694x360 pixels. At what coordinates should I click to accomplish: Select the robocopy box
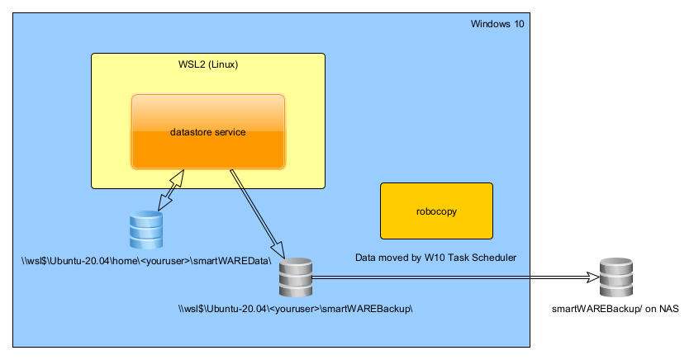(x=436, y=211)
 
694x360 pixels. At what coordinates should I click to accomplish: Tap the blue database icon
(x=146, y=230)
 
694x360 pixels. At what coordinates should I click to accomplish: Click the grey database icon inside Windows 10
(x=295, y=278)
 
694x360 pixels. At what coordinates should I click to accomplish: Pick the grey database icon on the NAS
(x=616, y=278)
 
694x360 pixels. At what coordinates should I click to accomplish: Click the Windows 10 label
(x=497, y=24)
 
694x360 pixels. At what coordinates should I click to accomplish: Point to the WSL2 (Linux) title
(x=208, y=64)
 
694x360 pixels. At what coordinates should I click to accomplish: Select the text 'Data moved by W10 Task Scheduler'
(x=435, y=258)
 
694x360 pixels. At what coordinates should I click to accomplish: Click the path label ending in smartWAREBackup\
(x=295, y=309)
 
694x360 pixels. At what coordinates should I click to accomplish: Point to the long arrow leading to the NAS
(x=454, y=278)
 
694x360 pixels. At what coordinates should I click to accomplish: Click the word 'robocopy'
(x=436, y=211)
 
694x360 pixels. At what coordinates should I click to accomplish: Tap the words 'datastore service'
(x=208, y=131)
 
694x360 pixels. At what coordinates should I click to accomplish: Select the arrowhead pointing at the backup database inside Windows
(x=278, y=251)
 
